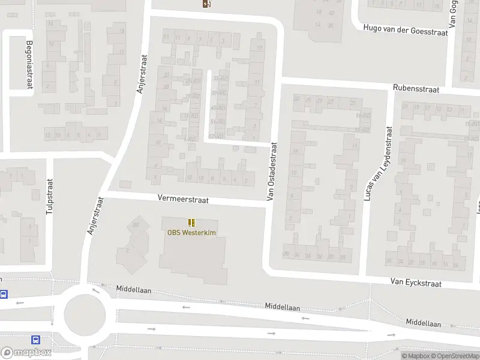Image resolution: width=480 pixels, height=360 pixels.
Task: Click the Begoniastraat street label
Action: click(x=29, y=64)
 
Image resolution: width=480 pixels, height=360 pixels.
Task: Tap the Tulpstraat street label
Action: click(x=50, y=196)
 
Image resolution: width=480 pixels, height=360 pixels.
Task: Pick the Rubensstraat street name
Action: click(x=416, y=89)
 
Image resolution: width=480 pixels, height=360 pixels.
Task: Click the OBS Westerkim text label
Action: click(x=191, y=233)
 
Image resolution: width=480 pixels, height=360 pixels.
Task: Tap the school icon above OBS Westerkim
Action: click(x=191, y=223)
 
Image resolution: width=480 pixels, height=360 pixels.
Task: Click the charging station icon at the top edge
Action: click(x=207, y=4)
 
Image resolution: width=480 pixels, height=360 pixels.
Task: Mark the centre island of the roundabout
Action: click(x=85, y=311)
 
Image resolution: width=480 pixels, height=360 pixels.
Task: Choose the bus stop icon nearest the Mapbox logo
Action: click(x=35, y=340)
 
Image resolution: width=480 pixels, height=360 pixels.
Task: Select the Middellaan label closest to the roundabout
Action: click(x=134, y=289)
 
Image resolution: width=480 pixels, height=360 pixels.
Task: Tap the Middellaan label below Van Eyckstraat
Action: click(x=423, y=323)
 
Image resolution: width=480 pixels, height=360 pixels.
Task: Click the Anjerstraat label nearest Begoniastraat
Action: click(x=142, y=73)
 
